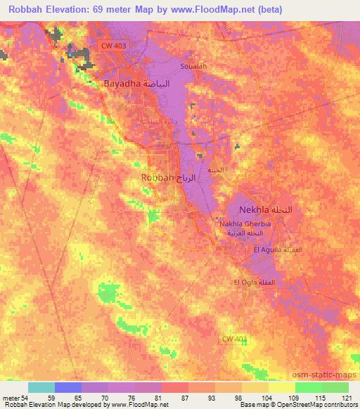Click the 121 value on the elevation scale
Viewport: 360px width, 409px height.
pyautogui.click(x=347, y=397)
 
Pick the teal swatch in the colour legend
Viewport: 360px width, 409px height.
pyautogui.click(x=41, y=387)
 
